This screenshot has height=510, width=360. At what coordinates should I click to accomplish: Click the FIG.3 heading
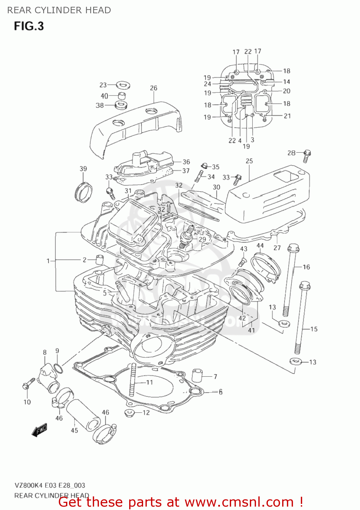pyautogui.click(x=29, y=26)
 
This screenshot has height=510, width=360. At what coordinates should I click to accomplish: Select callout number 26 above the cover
pyautogui.click(x=154, y=88)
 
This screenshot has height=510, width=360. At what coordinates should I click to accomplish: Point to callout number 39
pyautogui.click(x=83, y=169)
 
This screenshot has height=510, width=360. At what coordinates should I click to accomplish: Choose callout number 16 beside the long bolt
pyautogui.click(x=306, y=267)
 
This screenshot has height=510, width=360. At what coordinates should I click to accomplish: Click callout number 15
pyautogui.click(x=314, y=329)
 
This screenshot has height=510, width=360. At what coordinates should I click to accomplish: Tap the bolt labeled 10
pyautogui.click(x=28, y=384)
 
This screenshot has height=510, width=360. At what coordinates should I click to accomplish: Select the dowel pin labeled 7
pyautogui.click(x=197, y=375)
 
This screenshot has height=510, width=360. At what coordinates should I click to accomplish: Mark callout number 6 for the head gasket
pyautogui.click(x=221, y=392)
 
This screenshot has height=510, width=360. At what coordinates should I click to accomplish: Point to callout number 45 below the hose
pyautogui.click(x=74, y=430)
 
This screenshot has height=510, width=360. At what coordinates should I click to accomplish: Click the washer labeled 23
pyautogui.click(x=123, y=84)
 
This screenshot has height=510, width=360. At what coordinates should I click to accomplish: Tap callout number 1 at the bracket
pyautogui.click(x=48, y=261)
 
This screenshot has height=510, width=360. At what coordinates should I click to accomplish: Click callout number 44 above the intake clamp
pyautogui.click(x=260, y=245)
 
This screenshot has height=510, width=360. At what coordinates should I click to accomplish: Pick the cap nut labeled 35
pyautogui.click(x=204, y=166)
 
